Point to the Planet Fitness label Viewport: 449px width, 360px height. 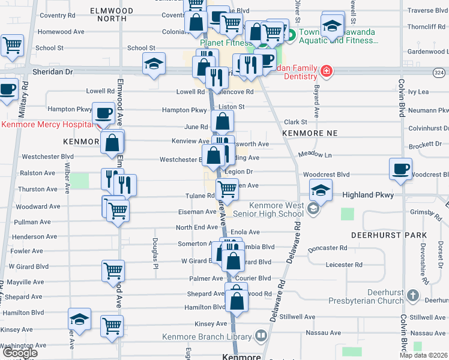(227, 43)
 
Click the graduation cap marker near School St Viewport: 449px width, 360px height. (154, 63)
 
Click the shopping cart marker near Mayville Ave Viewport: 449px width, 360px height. (113, 271)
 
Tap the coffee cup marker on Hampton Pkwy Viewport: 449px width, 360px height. (103, 113)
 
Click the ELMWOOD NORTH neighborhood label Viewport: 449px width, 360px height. (109, 14)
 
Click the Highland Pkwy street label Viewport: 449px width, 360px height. (367, 195)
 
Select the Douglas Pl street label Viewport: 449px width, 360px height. (154, 253)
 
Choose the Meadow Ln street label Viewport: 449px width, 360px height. (315, 154)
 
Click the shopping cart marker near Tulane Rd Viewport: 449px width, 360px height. (227, 189)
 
